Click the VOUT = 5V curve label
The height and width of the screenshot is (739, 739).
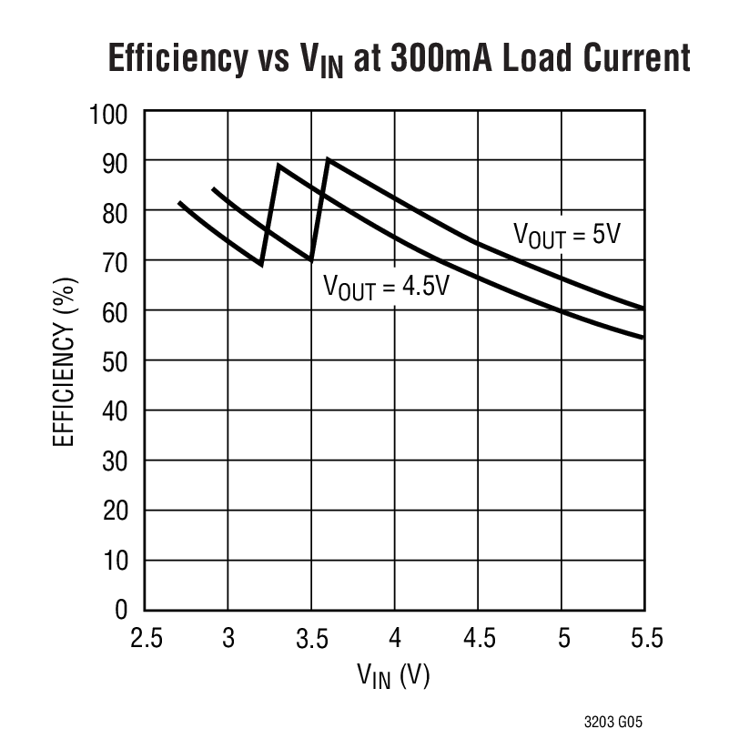[x=566, y=235]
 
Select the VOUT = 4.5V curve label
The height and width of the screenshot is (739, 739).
[x=387, y=287]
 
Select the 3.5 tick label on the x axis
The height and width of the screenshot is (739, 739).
[x=311, y=637]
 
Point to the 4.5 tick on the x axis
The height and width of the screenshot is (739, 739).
[x=479, y=637]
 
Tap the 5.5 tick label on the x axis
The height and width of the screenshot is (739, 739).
[x=645, y=637]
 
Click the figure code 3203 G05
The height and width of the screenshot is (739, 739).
[x=613, y=723]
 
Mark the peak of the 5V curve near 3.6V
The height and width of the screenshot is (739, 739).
[x=329, y=160]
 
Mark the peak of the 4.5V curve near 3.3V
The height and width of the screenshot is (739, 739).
[x=278, y=166]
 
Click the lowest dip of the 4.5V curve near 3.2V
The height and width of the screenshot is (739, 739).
[x=262, y=265]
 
